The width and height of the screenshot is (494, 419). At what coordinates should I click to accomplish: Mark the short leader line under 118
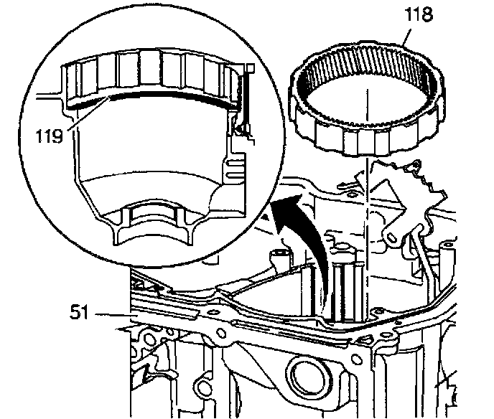pos(406,36)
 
